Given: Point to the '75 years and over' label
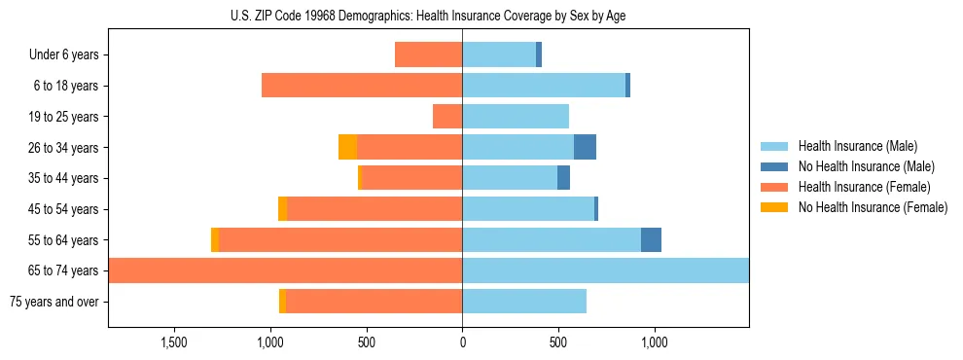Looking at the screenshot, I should coord(54,302).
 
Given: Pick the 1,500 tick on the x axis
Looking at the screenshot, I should coord(174,342).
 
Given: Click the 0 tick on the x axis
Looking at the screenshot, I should coord(462,342).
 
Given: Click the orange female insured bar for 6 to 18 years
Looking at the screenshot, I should coord(362,86).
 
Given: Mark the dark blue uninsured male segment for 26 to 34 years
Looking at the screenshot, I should coord(585,148).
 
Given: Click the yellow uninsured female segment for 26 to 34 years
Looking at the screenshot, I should coord(347,148).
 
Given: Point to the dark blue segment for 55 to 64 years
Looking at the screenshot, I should coord(651,240).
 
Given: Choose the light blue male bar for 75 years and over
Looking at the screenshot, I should coord(524,302).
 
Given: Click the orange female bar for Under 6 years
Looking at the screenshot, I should coord(428,55).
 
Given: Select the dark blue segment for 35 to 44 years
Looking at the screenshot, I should coord(563,178).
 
